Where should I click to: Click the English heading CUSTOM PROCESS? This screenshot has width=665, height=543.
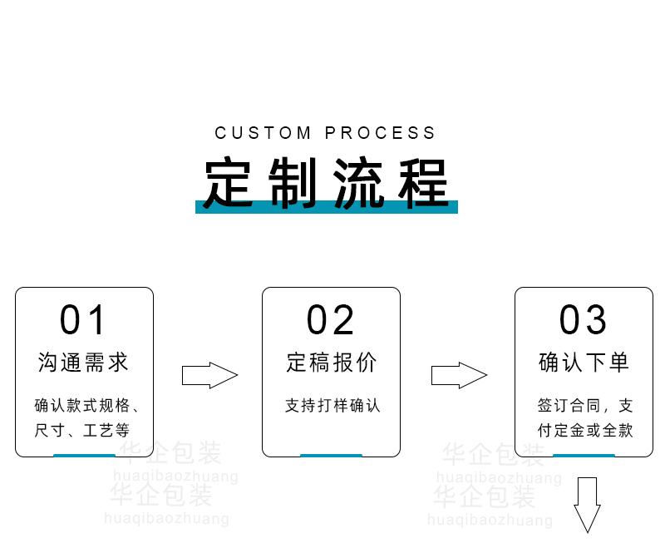[x=325, y=133]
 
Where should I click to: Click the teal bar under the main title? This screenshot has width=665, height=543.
[x=326, y=208]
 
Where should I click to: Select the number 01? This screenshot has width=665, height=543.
[x=83, y=321]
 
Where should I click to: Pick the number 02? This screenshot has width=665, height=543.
[x=331, y=321]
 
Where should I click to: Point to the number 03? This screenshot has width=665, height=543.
[x=583, y=321]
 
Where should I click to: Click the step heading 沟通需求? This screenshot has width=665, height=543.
[x=83, y=363]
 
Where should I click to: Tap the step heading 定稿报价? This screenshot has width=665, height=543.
[x=331, y=363]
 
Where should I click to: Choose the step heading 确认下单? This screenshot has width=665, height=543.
[x=584, y=363]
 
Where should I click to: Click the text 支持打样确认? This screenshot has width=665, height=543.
[x=332, y=406]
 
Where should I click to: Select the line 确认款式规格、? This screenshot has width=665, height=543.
[x=86, y=406]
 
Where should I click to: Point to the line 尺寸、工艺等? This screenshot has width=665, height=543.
[x=82, y=431]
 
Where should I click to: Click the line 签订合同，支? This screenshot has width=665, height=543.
[x=584, y=406]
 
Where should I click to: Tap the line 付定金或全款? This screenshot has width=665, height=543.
[x=584, y=431]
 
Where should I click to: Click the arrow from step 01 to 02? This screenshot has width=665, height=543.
[x=209, y=375]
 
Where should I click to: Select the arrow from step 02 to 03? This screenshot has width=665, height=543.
[x=458, y=375]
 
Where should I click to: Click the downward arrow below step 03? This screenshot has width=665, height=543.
[x=587, y=503]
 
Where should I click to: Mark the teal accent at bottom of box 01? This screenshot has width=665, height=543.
[x=84, y=456]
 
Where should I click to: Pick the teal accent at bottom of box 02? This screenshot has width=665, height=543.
[x=331, y=456]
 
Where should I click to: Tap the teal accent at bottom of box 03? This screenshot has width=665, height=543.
[x=584, y=456]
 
